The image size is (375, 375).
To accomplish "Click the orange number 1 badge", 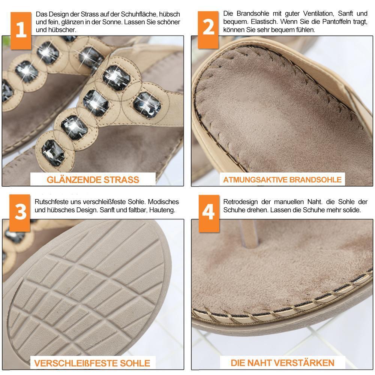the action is pos(21,31).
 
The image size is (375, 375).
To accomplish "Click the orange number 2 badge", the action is pos(208,30).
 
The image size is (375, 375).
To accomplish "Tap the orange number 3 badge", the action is pos(20,213).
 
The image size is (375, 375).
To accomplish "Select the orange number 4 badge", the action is pos(209,213).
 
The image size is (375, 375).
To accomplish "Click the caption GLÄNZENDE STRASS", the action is pos(93,180).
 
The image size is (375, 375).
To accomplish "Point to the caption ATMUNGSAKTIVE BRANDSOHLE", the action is pos(282,180).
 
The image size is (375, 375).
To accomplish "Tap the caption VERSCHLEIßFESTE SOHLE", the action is pos(92,363).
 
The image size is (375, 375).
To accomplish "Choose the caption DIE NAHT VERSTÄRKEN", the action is pos(282,363).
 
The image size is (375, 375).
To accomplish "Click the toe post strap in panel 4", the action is pos(249,233).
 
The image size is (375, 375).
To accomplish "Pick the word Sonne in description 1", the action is pos(112,22).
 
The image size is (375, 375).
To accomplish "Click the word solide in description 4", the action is pos(352,210).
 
